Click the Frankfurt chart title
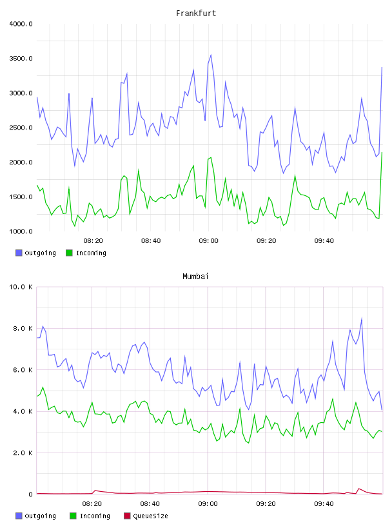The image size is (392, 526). point(196,14)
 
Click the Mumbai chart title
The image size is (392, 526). point(195,277)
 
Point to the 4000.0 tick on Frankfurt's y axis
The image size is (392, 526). point(21,24)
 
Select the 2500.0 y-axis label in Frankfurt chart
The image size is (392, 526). point(21,128)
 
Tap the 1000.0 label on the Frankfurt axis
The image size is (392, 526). point(21,231)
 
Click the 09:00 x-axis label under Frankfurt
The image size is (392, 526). point(208,241)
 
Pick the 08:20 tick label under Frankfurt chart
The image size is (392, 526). point(93,241)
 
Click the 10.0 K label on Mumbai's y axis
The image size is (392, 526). point(21,287)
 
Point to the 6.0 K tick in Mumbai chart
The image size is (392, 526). point(23,370)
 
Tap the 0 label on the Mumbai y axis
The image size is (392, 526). point(30,494)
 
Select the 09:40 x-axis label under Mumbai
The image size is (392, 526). point(324,504)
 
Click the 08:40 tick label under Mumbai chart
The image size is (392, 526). point(150,504)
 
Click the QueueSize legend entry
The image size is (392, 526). point(146,516)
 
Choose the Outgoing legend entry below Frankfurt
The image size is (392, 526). point(35,253)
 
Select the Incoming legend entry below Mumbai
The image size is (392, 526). point(90,516)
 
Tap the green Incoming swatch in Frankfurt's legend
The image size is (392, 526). point(69,253)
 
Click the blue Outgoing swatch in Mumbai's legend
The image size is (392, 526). point(19,516)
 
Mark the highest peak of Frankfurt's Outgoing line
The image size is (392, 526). point(211,55)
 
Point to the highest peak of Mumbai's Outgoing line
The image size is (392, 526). point(362,318)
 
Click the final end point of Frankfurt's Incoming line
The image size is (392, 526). point(382,153)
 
